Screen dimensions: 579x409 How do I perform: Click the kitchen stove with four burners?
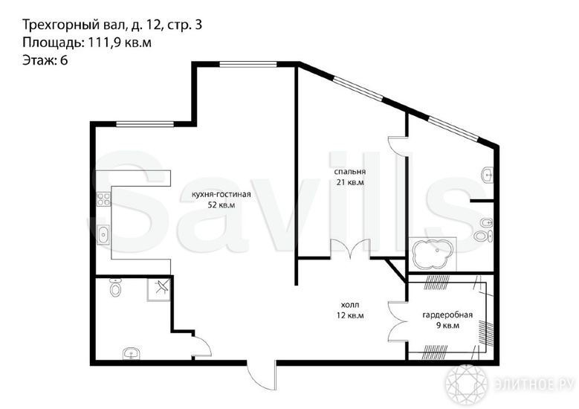(x=104, y=199)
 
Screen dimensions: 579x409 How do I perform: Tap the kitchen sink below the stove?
(x=104, y=235)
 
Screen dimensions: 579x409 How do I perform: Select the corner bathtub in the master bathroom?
(x=433, y=255)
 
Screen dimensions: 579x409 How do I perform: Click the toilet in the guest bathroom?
(x=115, y=288)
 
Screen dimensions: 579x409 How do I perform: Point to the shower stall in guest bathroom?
(x=159, y=289)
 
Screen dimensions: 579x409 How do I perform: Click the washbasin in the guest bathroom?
(x=131, y=353)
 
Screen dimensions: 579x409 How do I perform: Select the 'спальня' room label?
(x=349, y=172)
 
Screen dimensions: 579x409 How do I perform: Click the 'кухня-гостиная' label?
(x=221, y=194)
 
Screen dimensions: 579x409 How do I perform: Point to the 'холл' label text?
(x=349, y=305)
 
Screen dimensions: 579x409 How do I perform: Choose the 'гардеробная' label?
(x=447, y=315)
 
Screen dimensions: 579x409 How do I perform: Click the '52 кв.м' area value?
(x=221, y=205)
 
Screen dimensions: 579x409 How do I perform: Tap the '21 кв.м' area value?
(x=350, y=182)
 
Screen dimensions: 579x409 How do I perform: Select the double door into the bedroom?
(x=350, y=249)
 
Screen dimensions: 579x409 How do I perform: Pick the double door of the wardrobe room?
(x=398, y=321)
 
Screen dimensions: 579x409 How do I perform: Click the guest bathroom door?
(x=202, y=345)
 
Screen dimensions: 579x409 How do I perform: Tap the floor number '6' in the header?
(x=64, y=60)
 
